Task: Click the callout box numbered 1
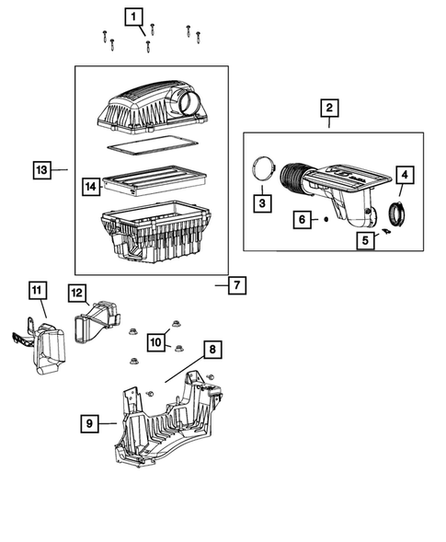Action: tap(135, 16)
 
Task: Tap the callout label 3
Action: tap(262, 201)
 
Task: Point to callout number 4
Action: tap(405, 174)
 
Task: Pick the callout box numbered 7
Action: tap(236, 285)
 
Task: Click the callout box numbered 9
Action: tap(89, 423)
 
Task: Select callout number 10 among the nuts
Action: tap(155, 342)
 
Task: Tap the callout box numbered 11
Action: tap(37, 292)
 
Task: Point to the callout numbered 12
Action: tap(77, 293)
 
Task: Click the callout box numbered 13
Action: tap(41, 169)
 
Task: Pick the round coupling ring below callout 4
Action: tap(401, 213)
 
